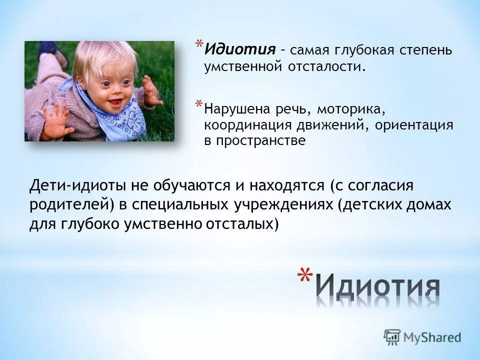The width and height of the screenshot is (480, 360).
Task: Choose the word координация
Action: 251,125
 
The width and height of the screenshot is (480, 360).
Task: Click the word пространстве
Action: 254,141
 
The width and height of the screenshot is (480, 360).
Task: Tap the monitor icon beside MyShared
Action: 392,336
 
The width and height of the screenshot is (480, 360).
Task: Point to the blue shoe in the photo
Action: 48,49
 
